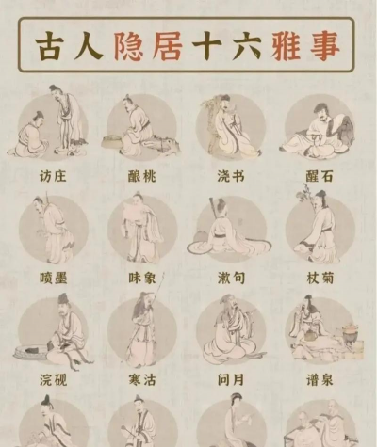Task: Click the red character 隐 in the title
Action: [x=129, y=44]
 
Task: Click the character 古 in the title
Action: [x=53, y=44]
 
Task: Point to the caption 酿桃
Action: [x=141, y=176]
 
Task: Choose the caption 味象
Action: [x=141, y=278]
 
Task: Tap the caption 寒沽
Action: [x=141, y=380]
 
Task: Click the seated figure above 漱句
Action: [x=230, y=231]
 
